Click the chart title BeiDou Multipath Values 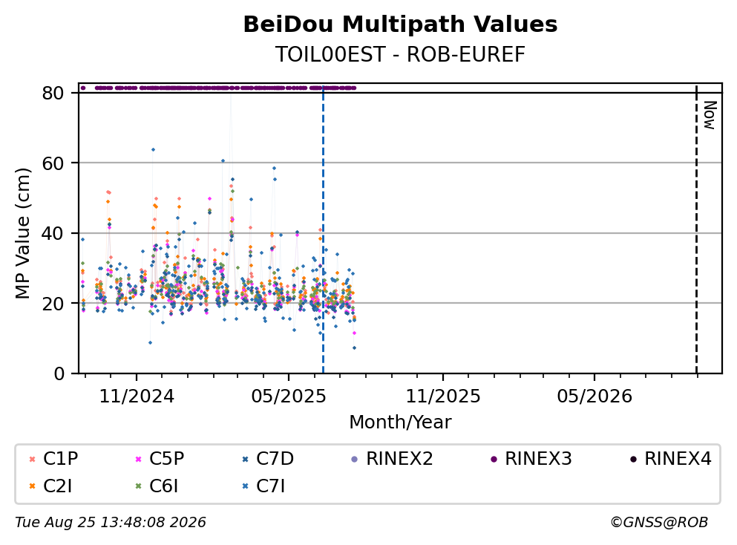click(x=400, y=25)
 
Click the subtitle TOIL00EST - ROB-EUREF click(x=400, y=54)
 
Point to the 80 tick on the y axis click(x=53, y=93)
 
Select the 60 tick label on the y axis click(x=53, y=163)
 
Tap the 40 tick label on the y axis click(x=53, y=233)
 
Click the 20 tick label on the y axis click(x=53, y=303)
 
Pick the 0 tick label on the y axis click(x=59, y=373)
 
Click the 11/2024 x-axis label click(x=137, y=396)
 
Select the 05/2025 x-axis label click(x=289, y=396)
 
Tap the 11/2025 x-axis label click(x=443, y=396)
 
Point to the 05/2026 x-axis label click(x=594, y=396)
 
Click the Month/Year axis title click(x=400, y=422)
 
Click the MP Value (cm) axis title click(x=22, y=233)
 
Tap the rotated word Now click(x=710, y=115)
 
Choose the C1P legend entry click(x=54, y=458)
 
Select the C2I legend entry click(x=50, y=486)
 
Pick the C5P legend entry click(x=160, y=458)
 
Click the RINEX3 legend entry click(x=531, y=458)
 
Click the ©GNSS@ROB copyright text click(x=659, y=523)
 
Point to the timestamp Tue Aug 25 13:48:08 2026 click(x=111, y=523)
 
